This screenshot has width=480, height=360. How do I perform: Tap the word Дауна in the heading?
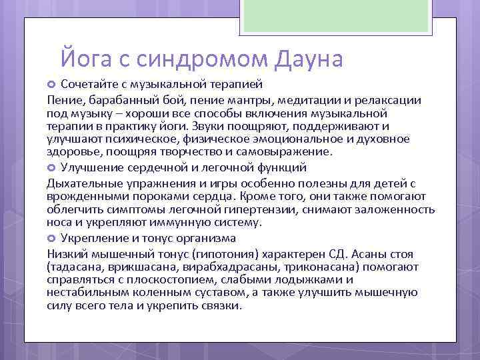click(309, 58)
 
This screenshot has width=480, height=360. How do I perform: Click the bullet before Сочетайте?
click(52, 85)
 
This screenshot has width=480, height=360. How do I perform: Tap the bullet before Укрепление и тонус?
click(52, 238)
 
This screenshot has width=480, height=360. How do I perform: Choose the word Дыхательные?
click(82, 183)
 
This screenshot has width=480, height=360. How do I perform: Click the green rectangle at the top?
click(337, 17)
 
